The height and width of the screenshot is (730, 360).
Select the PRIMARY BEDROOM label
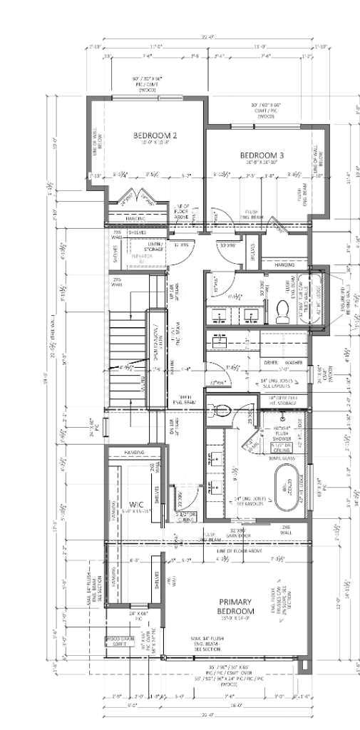pos(237,607)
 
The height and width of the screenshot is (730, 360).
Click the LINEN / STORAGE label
pos(155,247)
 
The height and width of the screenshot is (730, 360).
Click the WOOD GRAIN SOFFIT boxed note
pos(120,639)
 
